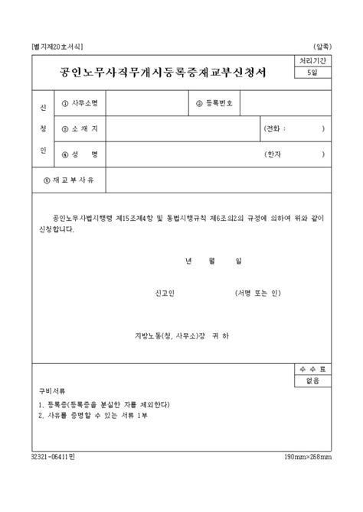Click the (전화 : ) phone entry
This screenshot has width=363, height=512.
(293, 128)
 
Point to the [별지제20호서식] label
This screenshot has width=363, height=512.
(57, 46)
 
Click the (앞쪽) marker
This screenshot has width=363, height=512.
(322, 46)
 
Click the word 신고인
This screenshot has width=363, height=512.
(165, 293)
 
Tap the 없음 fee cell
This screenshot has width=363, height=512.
(312, 380)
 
